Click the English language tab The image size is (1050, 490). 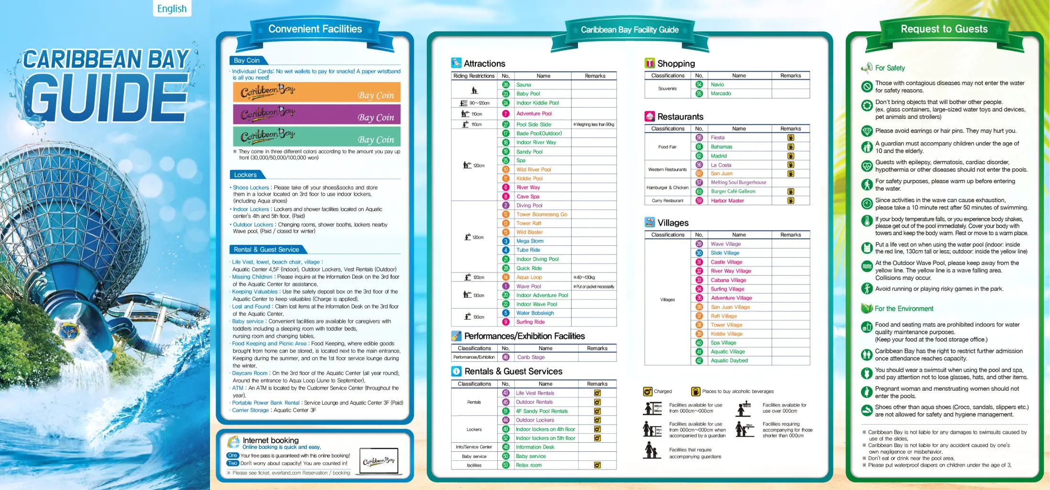point(172,9)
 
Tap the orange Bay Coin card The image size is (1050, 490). point(316,92)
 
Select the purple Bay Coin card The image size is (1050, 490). point(316,115)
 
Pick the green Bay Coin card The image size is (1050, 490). point(316,136)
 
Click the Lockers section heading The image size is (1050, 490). point(245,175)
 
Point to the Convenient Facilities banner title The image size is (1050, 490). point(315,29)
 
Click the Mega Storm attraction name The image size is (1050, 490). point(530,241)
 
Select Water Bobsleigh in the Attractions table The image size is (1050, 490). point(535,313)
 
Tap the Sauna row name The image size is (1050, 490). point(524,85)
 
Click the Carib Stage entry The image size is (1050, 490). point(531,357)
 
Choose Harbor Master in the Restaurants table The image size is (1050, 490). point(727,201)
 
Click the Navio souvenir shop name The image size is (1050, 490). point(717,85)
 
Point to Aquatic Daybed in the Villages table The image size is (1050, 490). point(729,361)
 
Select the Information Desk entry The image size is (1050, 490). point(535,448)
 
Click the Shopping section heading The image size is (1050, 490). point(676,64)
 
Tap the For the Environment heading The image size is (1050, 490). point(903,309)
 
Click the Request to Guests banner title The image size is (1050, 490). point(944,29)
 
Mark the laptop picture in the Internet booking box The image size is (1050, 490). point(378,461)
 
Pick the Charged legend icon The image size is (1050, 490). point(648,392)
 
